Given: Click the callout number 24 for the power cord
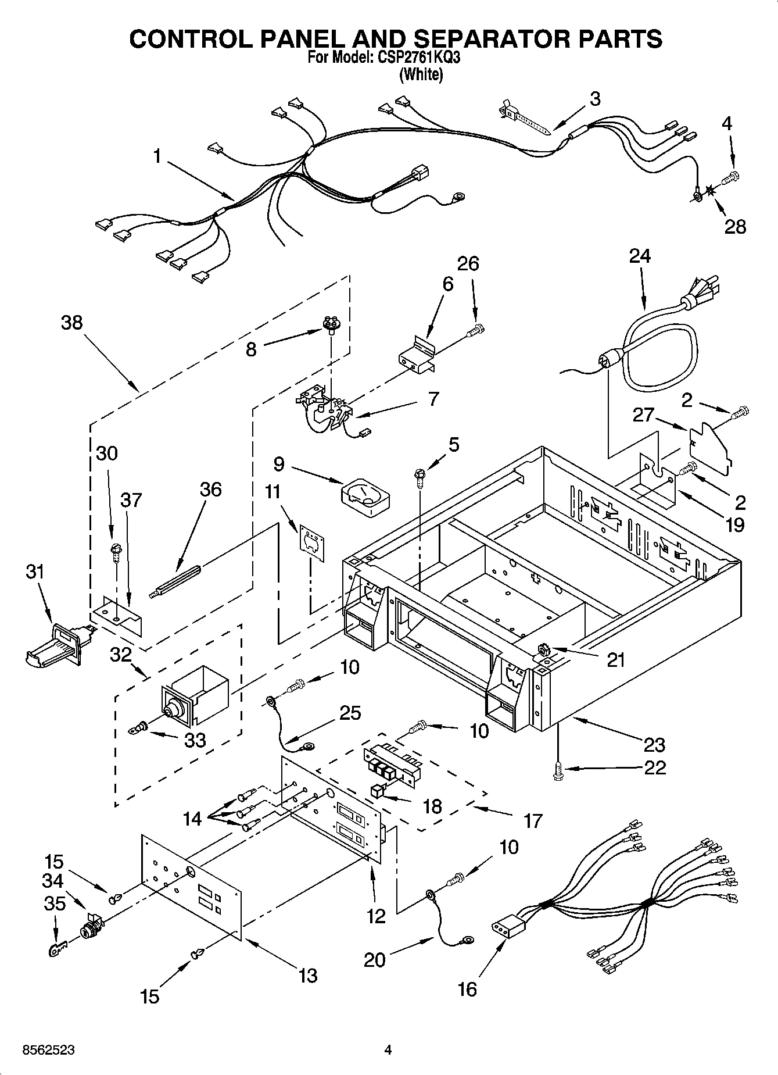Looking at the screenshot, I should [640, 256].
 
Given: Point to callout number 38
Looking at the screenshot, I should [72, 323].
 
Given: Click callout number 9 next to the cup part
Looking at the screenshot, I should [279, 464].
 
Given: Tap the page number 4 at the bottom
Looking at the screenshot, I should [388, 1050].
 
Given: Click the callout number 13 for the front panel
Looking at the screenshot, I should [307, 975].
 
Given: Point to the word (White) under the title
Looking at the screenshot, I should [421, 74].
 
